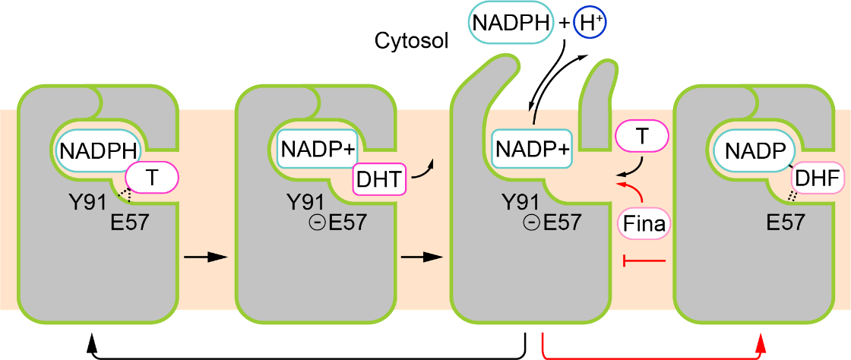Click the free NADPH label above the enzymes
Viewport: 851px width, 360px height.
[509, 22]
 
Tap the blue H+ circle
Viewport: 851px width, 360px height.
[590, 22]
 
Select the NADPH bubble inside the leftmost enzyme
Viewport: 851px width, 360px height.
[97, 150]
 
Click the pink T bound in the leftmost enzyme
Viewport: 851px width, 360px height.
[152, 177]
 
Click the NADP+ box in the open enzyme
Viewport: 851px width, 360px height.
[532, 150]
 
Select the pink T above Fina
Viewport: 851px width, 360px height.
[641, 137]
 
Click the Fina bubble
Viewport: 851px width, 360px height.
[644, 224]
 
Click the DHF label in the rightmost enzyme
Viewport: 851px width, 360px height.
[817, 178]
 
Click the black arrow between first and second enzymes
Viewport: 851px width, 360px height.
[206, 257]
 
